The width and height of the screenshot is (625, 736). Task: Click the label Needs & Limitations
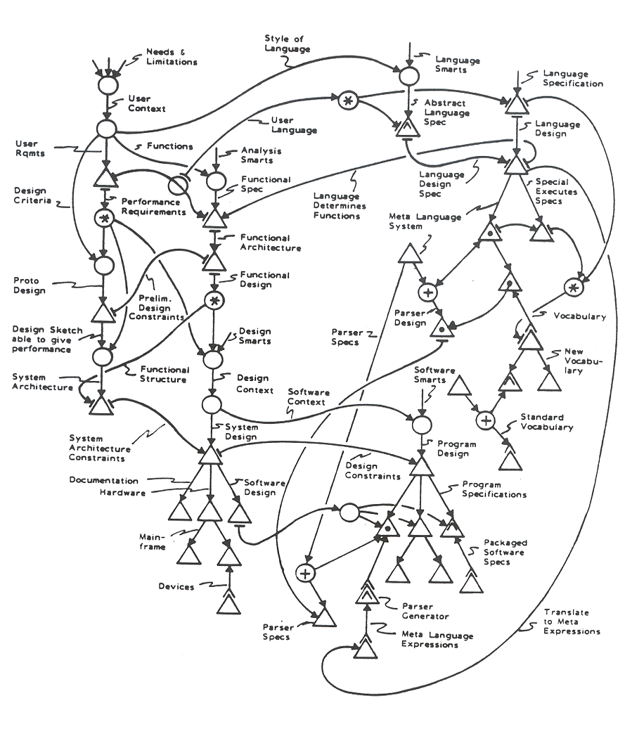[172, 57]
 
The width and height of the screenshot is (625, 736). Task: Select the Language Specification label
[572, 78]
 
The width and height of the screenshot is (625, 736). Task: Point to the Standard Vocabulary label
[546, 422]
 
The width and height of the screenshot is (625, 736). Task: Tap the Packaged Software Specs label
[505, 553]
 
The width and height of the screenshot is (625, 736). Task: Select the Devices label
[176, 586]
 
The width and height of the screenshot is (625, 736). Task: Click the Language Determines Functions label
[337, 205]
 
